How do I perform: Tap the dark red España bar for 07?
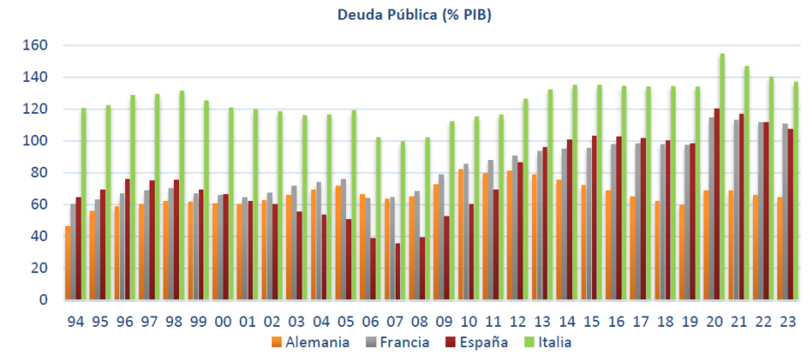397,271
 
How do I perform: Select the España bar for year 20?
717,204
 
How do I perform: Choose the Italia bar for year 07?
403,220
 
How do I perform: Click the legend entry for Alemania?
312,343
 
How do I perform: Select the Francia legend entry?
395,343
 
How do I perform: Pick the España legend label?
477,343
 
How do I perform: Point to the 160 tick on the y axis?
38,45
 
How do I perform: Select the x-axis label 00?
223,321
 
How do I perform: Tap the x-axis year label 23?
789,321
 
